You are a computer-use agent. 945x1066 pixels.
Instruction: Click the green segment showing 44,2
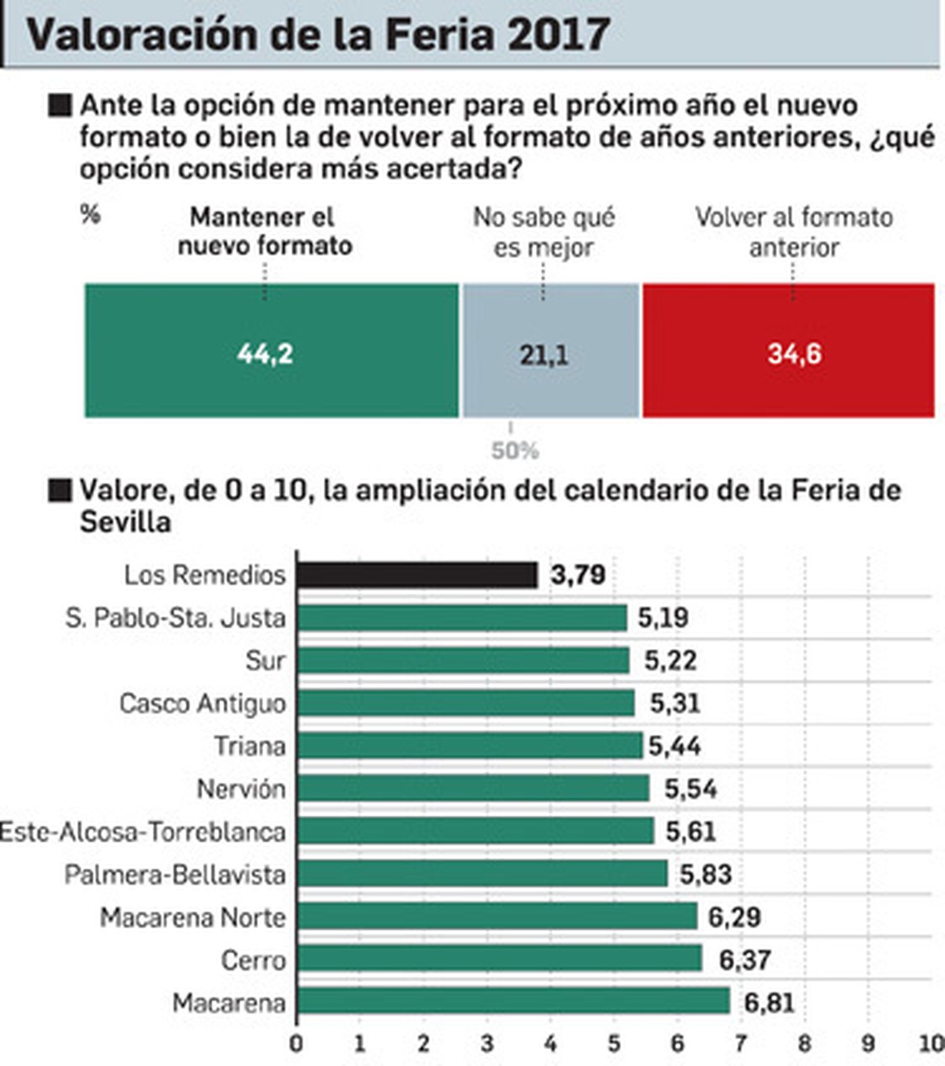[272, 351]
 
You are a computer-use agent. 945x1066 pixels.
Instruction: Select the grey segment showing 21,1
[550, 351]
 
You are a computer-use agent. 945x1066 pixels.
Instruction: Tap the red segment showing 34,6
[788, 351]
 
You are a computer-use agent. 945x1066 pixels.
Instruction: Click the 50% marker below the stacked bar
[514, 451]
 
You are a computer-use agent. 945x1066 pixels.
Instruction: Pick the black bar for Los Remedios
[417, 575]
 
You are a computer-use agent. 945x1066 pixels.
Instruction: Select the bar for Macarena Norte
[497, 917]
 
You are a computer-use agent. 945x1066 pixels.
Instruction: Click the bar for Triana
[470, 745]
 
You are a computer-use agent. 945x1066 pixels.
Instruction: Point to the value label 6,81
[769, 1003]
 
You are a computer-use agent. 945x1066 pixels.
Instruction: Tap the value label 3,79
[578, 575]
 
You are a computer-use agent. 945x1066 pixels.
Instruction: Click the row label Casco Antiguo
[203, 703]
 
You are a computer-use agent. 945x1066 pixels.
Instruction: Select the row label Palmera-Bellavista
[175, 875]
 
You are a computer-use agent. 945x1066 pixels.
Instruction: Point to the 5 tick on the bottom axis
[614, 1044]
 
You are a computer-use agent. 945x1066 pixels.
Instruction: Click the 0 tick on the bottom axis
[296, 1044]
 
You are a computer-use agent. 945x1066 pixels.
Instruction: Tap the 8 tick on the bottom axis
[804, 1044]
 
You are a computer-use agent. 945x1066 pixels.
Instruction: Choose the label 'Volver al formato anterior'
[794, 232]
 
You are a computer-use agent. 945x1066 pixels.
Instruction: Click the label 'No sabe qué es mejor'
[544, 232]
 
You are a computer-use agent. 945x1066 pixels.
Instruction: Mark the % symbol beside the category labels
[90, 215]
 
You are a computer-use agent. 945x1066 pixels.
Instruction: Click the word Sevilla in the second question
[126, 522]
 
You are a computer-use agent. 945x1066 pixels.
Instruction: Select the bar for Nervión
[473, 788]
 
